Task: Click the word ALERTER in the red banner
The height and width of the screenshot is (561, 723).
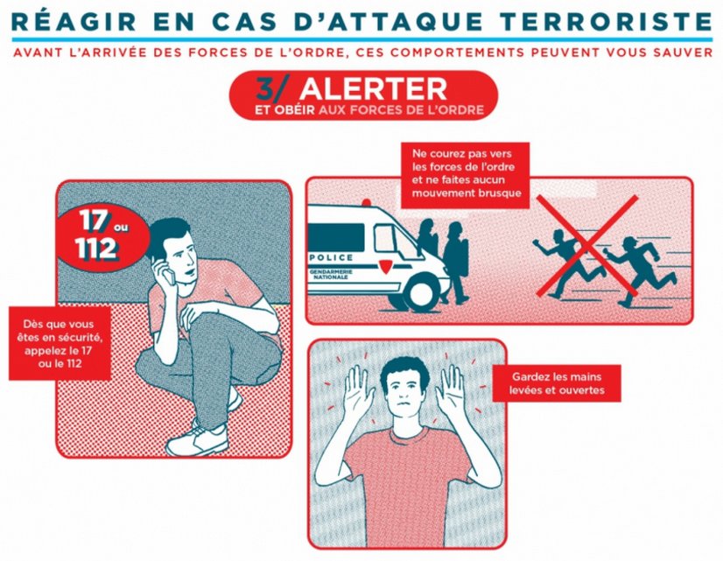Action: (373, 89)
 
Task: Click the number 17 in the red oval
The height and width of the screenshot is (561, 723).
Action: (94, 221)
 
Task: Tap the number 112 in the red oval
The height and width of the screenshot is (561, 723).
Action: (96, 249)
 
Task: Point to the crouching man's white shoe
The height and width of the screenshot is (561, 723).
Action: (197, 439)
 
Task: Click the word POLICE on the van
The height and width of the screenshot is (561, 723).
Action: (332, 257)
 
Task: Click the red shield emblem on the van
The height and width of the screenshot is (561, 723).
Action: (385, 266)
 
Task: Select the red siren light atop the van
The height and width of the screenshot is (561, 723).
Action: (366, 202)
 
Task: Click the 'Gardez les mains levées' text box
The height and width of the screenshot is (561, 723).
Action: (557, 383)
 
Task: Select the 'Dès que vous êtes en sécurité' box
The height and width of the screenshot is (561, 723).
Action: (60, 343)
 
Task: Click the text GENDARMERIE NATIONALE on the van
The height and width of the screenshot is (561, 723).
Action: (331, 275)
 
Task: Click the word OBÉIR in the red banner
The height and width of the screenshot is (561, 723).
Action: (294, 110)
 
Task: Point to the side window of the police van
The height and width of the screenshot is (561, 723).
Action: (336, 237)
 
